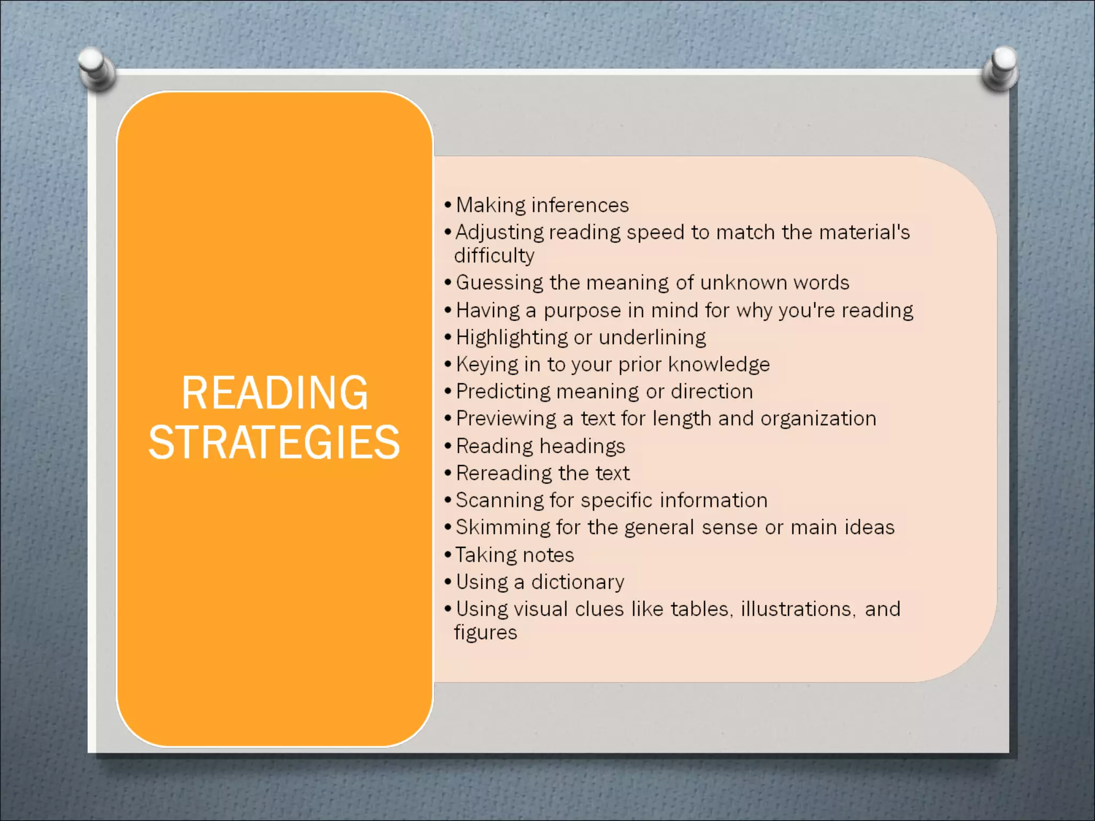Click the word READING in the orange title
coord(275,393)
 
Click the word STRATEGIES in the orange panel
coord(274,443)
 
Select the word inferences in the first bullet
coord(580,205)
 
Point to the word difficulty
coord(494,255)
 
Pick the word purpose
coord(582,311)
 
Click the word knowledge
coord(719,365)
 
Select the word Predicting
coord(503,392)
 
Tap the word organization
coord(818,419)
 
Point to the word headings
coord(582,446)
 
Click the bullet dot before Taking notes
coord(448,555)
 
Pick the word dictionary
coord(577,582)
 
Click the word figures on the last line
coord(485,633)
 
